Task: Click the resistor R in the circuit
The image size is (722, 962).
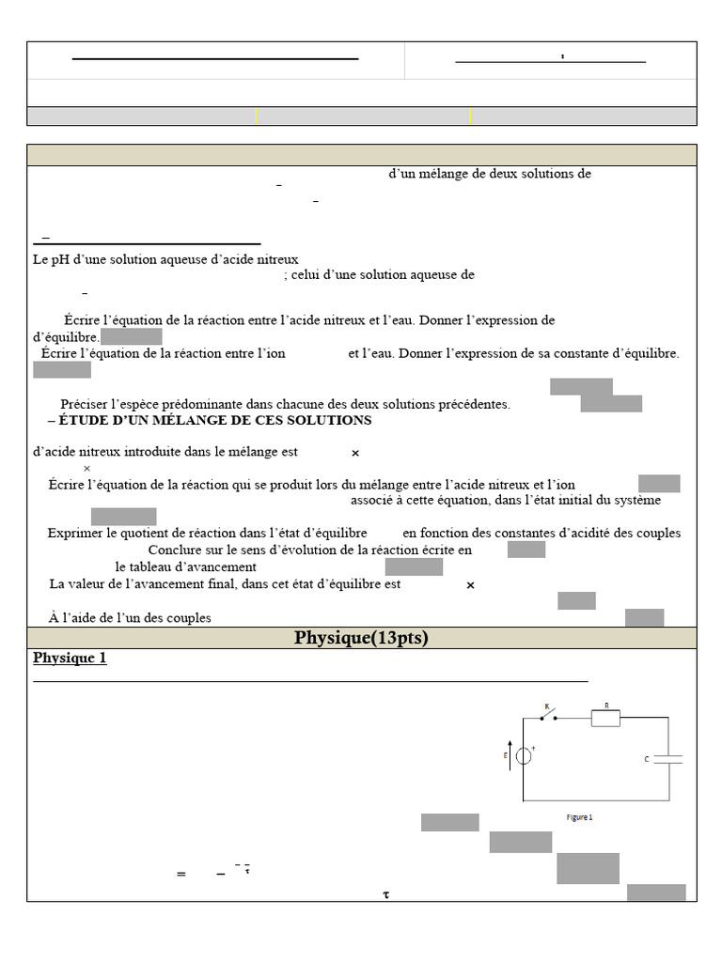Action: click(605, 719)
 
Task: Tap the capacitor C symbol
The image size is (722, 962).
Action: click(667, 758)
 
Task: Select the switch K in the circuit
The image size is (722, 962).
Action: click(547, 715)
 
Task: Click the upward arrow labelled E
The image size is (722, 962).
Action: click(510, 755)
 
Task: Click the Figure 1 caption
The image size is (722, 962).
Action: click(579, 817)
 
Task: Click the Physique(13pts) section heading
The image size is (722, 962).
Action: click(361, 638)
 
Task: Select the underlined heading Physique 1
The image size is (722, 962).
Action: click(70, 659)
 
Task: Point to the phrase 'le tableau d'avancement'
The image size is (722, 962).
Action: click(185, 567)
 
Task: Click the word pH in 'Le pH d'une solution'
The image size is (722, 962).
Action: click(63, 258)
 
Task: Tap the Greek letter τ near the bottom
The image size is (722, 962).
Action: click(385, 894)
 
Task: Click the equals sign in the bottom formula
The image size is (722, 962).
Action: click(180, 875)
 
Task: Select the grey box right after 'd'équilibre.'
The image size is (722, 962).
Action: click(131, 336)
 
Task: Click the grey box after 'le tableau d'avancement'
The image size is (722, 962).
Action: click(414, 566)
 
